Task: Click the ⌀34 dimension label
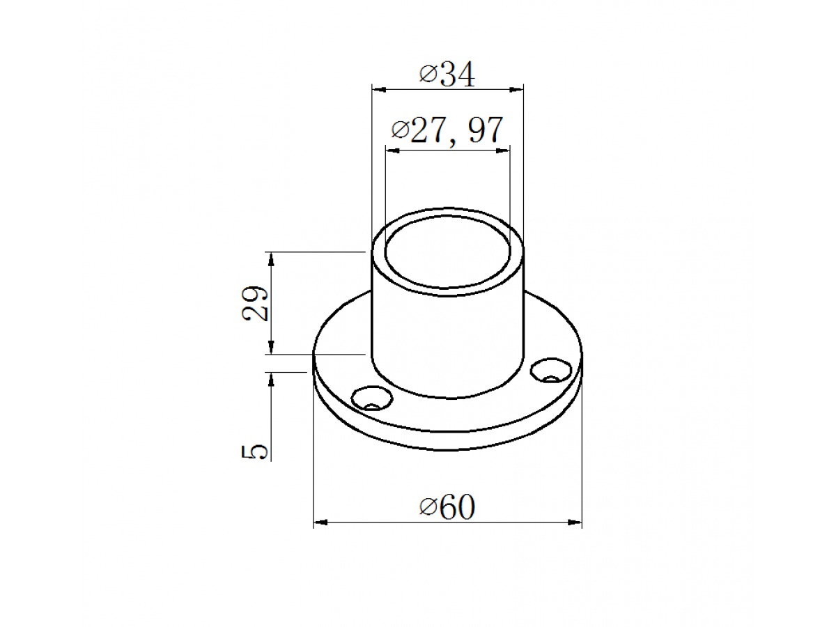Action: (447, 75)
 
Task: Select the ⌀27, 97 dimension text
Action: (447, 130)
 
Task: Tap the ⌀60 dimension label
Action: (447, 507)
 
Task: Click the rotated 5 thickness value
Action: (254, 451)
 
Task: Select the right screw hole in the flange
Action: (551, 370)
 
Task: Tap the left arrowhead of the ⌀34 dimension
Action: (380, 90)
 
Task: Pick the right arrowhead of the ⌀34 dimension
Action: (516, 90)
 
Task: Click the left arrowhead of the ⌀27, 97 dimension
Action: (393, 150)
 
